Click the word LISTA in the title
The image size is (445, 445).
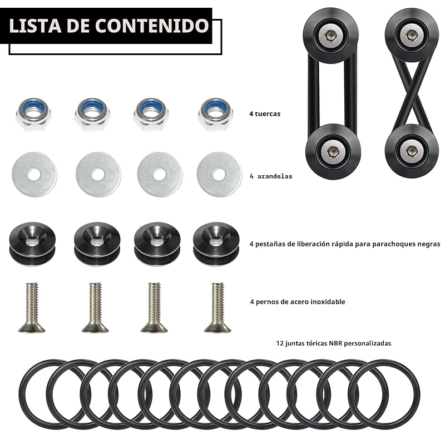pyautogui.click(x=35, y=26)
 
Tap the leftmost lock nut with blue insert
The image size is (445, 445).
pyautogui.click(x=33, y=114)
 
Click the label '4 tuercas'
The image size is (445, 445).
pyautogui.click(x=265, y=114)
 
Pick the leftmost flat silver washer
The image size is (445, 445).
pyautogui.click(x=34, y=175)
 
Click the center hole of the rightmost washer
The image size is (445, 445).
pyautogui.click(x=219, y=174)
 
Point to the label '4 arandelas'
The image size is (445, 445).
pyautogui.click(x=271, y=176)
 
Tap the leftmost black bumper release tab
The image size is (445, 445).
pyautogui.click(x=32, y=244)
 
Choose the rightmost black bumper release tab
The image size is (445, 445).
pyautogui.click(x=216, y=244)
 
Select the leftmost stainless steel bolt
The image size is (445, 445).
pyautogui.click(x=32, y=307)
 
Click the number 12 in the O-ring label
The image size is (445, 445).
pyautogui.click(x=280, y=343)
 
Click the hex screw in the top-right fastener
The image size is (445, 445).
pyautogui.click(x=410, y=36)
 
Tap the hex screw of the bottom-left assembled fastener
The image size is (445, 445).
pyautogui.click(x=332, y=151)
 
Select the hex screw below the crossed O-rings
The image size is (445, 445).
pyautogui.click(x=410, y=151)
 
